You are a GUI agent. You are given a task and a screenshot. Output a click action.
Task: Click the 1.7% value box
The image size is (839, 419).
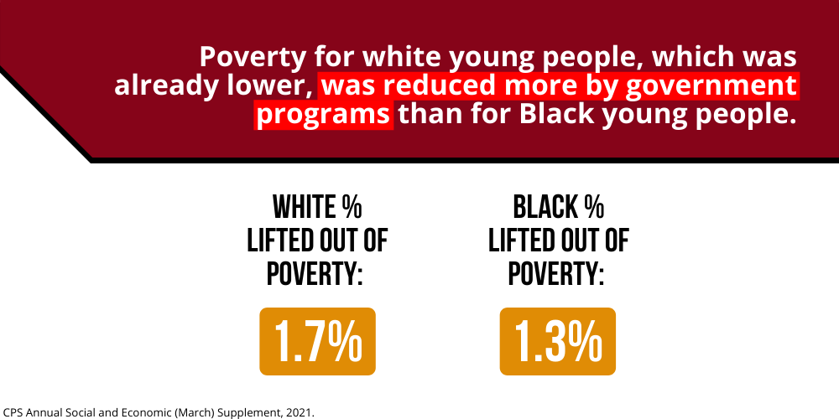[317, 341]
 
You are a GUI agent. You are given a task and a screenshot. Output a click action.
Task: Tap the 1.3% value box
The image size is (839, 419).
[558, 341]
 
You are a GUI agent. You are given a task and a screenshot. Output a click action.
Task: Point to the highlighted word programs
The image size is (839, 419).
[323, 115]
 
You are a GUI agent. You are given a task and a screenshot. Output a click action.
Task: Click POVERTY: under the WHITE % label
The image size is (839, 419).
[315, 274]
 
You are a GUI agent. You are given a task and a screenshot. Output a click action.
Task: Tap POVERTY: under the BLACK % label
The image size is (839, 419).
[556, 274]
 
